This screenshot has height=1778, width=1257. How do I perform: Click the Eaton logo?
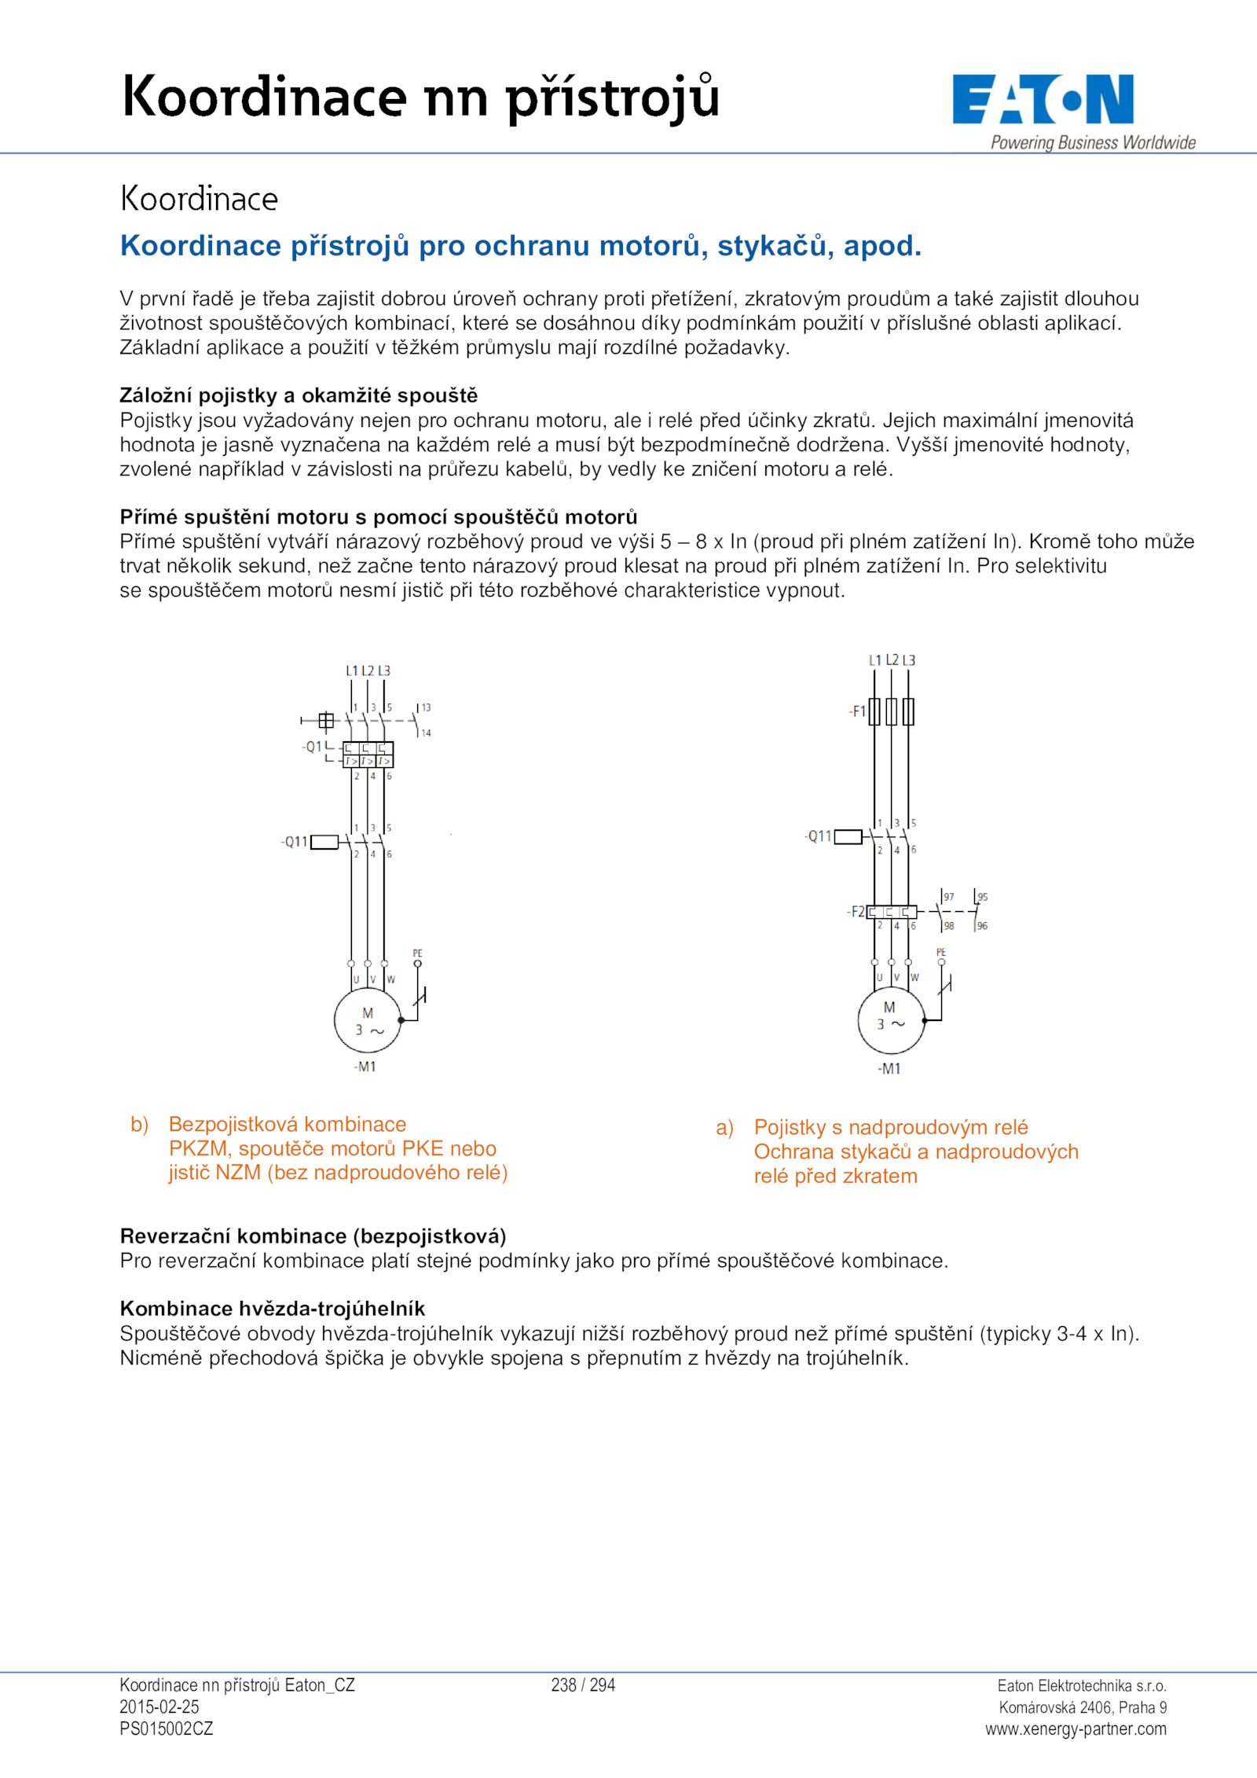tap(1043, 100)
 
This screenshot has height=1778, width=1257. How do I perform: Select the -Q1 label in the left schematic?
tap(312, 747)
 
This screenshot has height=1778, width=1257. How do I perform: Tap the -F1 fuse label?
tap(857, 711)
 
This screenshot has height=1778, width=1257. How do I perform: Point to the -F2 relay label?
tap(856, 912)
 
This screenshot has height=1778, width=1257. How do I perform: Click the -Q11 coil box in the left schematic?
tap(324, 842)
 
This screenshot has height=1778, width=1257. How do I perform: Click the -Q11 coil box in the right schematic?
tap(848, 836)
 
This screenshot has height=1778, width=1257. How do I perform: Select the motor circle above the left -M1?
tap(368, 1020)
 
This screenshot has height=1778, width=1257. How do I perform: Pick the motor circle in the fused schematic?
tap(891, 1020)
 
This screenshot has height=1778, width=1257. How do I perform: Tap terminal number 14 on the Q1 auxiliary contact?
tap(426, 733)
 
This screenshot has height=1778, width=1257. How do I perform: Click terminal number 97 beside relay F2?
tap(949, 897)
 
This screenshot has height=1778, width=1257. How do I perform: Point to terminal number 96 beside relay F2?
tap(982, 926)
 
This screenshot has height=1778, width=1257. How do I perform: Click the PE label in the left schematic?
tap(417, 953)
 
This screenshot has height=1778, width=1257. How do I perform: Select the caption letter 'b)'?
tap(139, 1124)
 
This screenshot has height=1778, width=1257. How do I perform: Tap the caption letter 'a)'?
tap(724, 1128)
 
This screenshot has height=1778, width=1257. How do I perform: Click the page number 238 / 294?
tap(583, 1685)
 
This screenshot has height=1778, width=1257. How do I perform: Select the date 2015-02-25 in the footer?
tap(159, 1706)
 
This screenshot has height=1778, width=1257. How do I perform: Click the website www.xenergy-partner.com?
tap(1076, 1728)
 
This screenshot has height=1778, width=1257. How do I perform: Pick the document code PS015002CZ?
tap(167, 1728)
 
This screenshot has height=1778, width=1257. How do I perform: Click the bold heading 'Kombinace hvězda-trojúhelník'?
tap(273, 1309)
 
